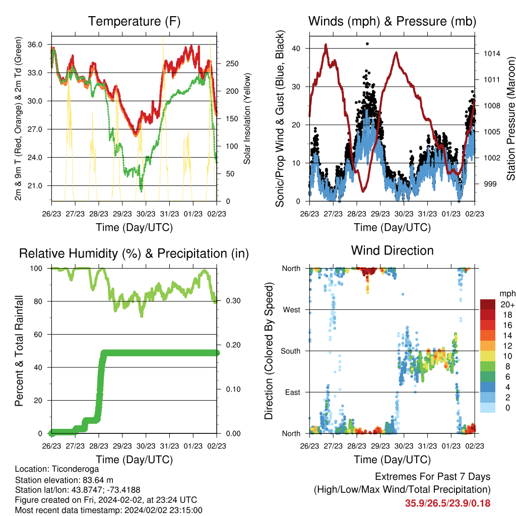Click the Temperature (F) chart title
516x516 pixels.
(x=134, y=21)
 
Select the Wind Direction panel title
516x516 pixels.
(x=392, y=250)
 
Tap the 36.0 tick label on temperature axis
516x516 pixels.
(x=35, y=44)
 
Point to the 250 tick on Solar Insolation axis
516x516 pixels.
(x=232, y=63)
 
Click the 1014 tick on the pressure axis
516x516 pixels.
(x=492, y=53)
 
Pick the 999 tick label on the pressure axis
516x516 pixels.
(x=490, y=184)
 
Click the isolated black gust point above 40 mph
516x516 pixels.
(x=367, y=44)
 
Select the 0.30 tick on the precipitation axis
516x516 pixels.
(x=233, y=301)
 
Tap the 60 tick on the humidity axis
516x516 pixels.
(x=38, y=335)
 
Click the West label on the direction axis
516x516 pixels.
(x=292, y=310)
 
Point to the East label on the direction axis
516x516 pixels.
(x=293, y=392)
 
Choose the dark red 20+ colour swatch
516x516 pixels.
(x=488, y=304)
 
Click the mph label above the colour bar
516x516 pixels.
(x=507, y=294)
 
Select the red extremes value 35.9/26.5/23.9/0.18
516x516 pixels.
(x=447, y=503)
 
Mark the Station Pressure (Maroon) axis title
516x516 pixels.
(x=510, y=118)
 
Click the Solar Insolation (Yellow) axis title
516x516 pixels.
(x=247, y=118)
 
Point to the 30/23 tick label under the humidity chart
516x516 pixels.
(x=146, y=446)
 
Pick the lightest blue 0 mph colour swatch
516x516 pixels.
(x=488, y=408)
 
